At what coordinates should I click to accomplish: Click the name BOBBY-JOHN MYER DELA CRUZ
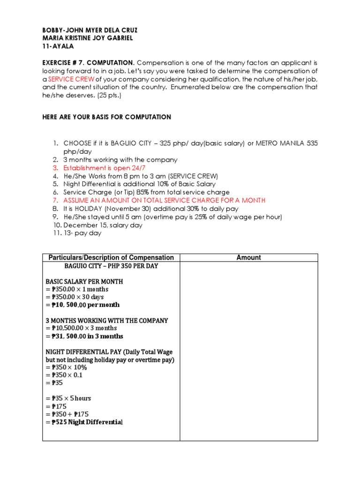click(90, 30)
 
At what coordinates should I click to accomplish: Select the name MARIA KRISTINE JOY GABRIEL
click(88, 38)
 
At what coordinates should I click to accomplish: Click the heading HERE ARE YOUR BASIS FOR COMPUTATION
click(107, 117)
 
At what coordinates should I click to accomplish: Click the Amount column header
click(249, 257)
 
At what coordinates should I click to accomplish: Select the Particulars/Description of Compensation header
click(111, 257)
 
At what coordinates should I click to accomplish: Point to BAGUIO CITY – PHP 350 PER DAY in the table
click(111, 266)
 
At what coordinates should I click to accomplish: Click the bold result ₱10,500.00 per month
click(82, 305)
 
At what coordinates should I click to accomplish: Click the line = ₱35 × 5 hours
click(68, 398)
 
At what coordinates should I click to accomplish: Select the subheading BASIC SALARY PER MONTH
click(84, 282)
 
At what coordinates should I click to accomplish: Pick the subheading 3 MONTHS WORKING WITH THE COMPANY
click(106, 321)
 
